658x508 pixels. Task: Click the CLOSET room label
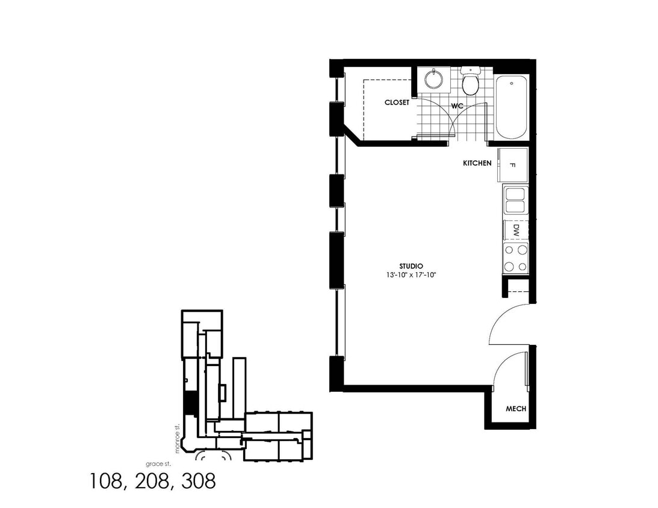pyautogui.click(x=397, y=102)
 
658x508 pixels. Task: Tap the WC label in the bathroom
pyautogui.click(x=458, y=106)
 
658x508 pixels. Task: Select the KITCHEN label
pyautogui.click(x=477, y=163)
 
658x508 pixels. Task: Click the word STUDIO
pyautogui.click(x=411, y=266)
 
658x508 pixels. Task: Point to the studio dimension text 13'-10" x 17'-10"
pyautogui.click(x=411, y=275)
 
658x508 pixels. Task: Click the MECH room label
pyautogui.click(x=515, y=409)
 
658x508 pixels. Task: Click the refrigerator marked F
pyautogui.click(x=512, y=165)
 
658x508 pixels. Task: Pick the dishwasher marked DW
pyautogui.click(x=515, y=229)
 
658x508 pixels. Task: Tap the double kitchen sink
pyautogui.click(x=515, y=200)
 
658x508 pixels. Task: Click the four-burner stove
pyautogui.click(x=516, y=258)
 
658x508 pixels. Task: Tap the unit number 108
pyautogui.click(x=108, y=482)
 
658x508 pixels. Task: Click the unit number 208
pyautogui.click(x=151, y=482)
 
